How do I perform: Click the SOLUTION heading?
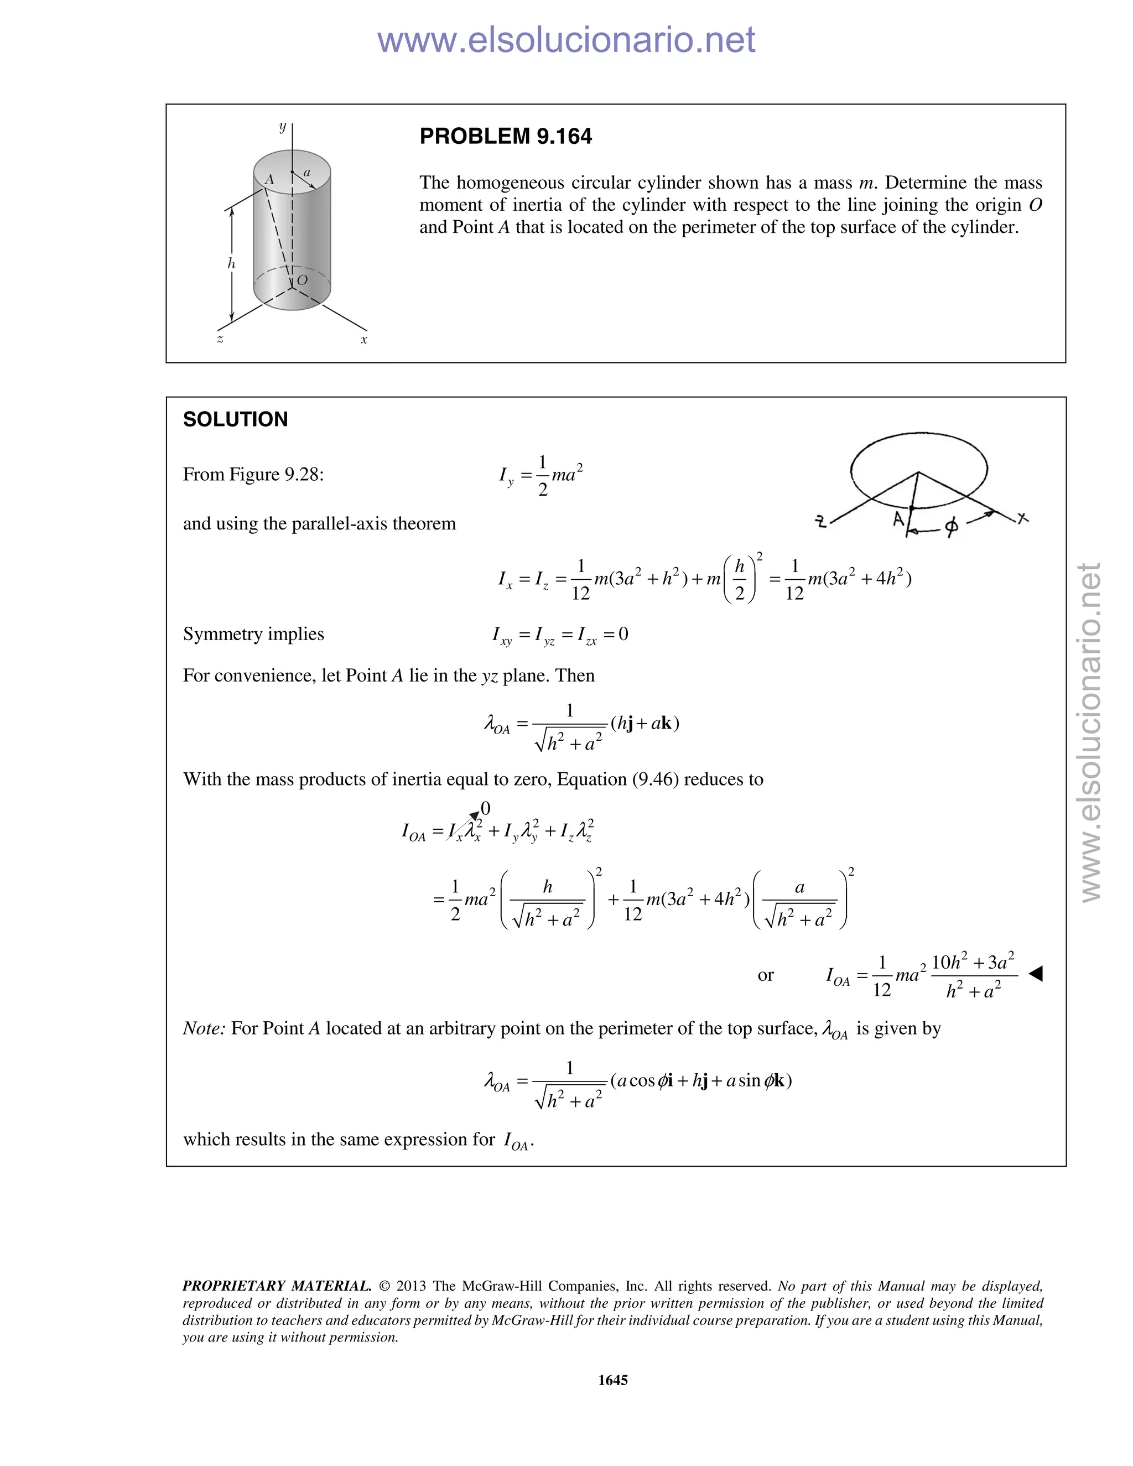(235, 419)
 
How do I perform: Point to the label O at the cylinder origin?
(302, 280)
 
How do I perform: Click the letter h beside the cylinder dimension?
(232, 264)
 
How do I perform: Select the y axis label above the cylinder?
(283, 126)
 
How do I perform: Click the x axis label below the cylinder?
(364, 340)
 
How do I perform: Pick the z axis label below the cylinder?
(220, 340)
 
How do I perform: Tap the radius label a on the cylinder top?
(308, 173)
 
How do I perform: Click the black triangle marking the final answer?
(1036, 973)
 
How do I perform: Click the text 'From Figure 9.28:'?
(253, 475)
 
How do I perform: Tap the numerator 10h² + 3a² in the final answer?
(973, 963)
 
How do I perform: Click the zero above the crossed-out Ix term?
(485, 808)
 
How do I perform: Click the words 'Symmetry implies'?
(253, 635)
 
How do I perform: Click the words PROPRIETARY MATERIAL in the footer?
(277, 1286)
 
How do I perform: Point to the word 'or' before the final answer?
(765, 975)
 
